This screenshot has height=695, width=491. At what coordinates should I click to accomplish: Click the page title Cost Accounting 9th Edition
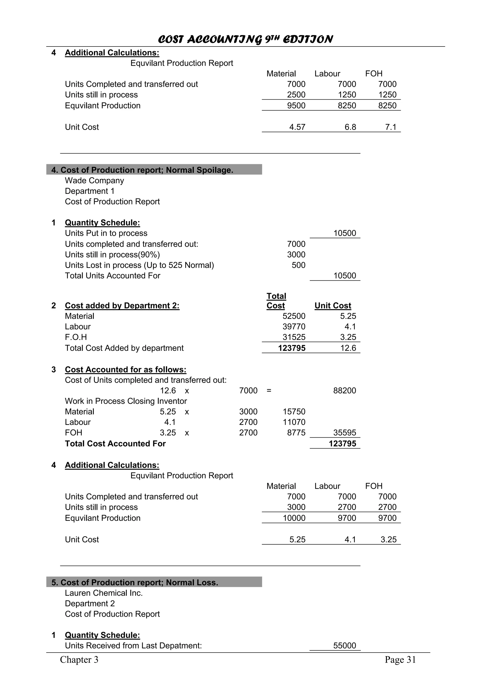click(x=245, y=39)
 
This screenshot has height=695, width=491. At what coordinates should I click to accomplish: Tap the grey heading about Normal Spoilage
click(x=142, y=170)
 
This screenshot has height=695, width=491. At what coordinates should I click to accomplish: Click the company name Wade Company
click(x=94, y=181)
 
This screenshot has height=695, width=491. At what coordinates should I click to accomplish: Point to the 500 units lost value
click(x=298, y=265)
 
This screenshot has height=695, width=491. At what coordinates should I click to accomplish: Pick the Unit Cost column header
click(x=333, y=306)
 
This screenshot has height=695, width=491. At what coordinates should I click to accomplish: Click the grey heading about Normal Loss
click(x=135, y=583)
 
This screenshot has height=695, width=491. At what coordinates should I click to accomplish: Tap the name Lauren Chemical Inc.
click(x=104, y=593)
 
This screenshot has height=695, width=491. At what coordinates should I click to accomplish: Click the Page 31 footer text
click(x=400, y=660)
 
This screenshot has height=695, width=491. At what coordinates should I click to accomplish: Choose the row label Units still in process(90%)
click(x=112, y=255)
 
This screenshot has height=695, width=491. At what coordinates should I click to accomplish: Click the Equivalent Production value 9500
click(x=296, y=106)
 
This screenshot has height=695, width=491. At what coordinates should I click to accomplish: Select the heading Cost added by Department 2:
click(x=122, y=306)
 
